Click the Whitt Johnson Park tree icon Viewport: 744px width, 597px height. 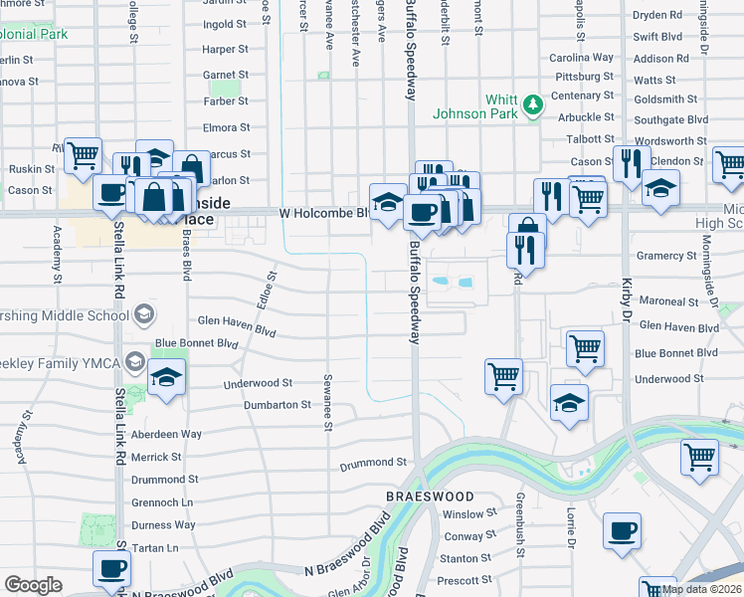[x=533, y=102]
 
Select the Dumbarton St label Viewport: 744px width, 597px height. [x=279, y=405]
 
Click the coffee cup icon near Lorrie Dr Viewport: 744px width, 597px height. [x=623, y=531]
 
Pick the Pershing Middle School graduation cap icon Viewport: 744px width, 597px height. [x=144, y=315]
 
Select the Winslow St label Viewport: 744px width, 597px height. [x=469, y=514]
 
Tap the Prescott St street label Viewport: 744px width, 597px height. [x=465, y=580]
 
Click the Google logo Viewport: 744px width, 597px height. [x=33, y=585]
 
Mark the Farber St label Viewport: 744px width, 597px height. [x=226, y=100]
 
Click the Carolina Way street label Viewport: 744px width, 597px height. [x=581, y=58]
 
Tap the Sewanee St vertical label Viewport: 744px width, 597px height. [x=327, y=403]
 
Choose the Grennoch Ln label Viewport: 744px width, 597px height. [x=162, y=502]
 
